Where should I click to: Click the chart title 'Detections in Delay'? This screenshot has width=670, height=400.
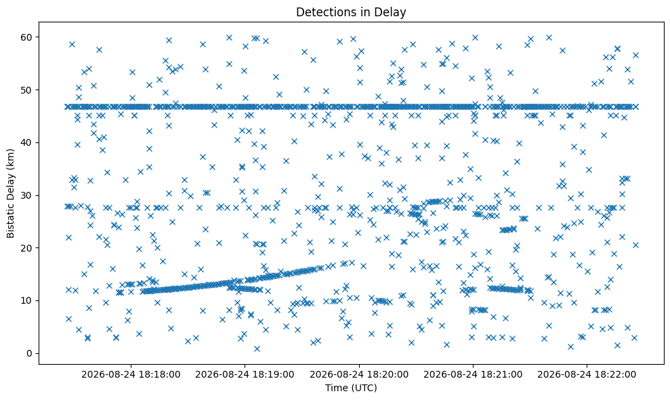point(351,12)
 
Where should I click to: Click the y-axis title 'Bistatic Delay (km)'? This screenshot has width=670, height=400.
point(10,193)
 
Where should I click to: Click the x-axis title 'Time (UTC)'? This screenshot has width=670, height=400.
point(351,388)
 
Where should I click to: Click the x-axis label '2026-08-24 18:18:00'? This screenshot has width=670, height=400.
point(131,375)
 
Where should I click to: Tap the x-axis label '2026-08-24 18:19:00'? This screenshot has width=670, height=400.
point(245,375)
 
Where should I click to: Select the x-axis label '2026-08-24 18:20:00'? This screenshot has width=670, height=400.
point(359,375)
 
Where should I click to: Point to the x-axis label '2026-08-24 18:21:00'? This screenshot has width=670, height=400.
point(473,375)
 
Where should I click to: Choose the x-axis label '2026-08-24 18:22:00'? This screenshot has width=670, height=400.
point(587,375)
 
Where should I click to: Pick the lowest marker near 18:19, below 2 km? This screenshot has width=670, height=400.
point(257,348)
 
